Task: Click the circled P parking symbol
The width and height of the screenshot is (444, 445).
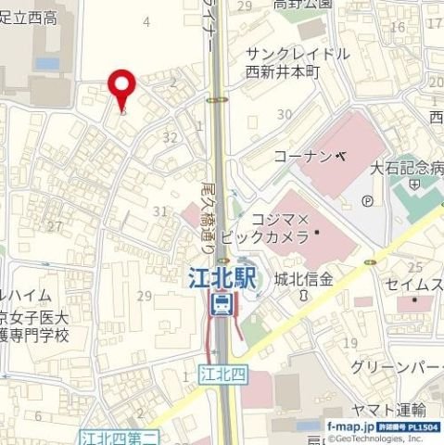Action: point(367,199)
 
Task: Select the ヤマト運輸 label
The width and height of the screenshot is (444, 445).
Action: point(388,410)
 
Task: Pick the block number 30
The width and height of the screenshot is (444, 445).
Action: point(285,114)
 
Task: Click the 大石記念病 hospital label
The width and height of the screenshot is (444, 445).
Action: point(406,169)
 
